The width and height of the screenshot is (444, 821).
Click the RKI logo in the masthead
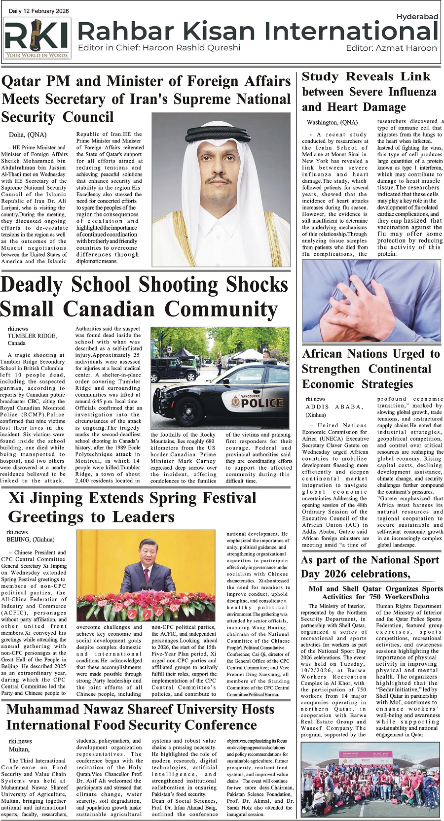(x=37, y=37)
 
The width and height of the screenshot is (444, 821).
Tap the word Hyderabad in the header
(x=417, y=17)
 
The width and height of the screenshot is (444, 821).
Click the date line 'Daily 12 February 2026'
(x=39, y=11)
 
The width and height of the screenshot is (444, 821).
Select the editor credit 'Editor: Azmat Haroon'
(x=391, y=48)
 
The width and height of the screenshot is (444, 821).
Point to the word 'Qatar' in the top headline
(x=25, y=81)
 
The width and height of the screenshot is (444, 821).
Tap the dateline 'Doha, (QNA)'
(x=28, y=135)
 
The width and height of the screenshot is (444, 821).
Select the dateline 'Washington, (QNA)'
(x=333, y=122)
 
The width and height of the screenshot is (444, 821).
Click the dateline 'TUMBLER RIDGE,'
(x=32, y=336)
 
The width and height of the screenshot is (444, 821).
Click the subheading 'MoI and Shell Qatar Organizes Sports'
(x=375, y=588)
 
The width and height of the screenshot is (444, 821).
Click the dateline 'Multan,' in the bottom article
(x=19, y=749)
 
